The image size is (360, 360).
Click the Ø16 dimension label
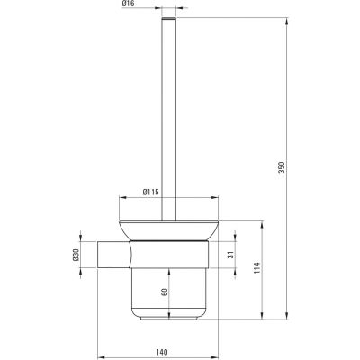[128, 4]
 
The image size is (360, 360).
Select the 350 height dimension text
[281, 167]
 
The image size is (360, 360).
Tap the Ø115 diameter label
[150, 192]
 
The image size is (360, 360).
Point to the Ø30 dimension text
[76, 255]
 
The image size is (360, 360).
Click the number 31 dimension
[230, 255]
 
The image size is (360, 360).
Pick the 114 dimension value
[257, 267]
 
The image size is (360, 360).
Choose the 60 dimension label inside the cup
[164, 292]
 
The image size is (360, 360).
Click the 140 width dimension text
[162, 352]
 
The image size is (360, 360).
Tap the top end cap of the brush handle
[169, 19]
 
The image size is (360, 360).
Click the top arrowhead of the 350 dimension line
[287, 22]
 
